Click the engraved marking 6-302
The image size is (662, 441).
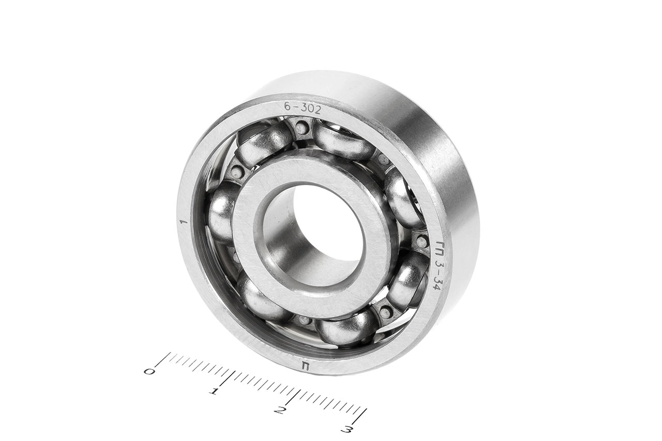(302, 109)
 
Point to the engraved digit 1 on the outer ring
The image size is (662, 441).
(185, 222)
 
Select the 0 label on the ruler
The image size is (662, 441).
(150, 372)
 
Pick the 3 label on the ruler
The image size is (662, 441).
(347, 430)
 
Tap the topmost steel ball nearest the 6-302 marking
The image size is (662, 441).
(344, 142)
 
